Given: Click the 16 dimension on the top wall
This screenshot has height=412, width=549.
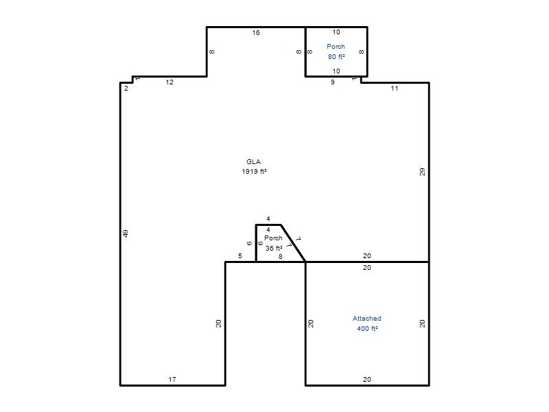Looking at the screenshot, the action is (256, 32).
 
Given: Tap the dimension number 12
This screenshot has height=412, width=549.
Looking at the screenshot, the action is (170, 82).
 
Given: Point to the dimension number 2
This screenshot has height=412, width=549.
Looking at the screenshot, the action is (126, 89).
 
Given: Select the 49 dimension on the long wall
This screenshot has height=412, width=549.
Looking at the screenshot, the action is (126, 233).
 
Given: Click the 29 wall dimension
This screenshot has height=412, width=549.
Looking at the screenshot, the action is (422, 172).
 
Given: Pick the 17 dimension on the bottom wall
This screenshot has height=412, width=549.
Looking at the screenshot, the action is (172, 379).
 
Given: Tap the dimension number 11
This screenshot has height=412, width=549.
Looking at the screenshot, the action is (395, 89).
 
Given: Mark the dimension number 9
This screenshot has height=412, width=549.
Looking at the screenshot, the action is (333, 82).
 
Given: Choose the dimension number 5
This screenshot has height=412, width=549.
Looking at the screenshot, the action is (240, 255).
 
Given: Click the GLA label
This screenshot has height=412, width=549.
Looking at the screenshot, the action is (253, 161).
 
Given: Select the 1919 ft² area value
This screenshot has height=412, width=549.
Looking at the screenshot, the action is (254, 171).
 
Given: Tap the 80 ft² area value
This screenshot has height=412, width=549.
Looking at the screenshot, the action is (336, 56).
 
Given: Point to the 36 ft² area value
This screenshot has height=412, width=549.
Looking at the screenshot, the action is (274, 248).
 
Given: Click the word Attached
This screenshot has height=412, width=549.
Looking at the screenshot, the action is (367, 318).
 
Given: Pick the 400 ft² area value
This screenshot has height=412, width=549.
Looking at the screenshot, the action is (367, 328).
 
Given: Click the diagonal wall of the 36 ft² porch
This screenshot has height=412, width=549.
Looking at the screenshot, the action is (293, 243).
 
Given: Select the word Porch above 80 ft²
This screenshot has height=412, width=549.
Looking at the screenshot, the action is (336, 46).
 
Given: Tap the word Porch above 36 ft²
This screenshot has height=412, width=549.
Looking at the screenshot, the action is (273, 238).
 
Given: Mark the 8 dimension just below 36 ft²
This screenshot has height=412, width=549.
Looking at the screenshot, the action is (280, 256).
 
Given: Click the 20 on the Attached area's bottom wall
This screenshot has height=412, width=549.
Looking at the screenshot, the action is (367, 379).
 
